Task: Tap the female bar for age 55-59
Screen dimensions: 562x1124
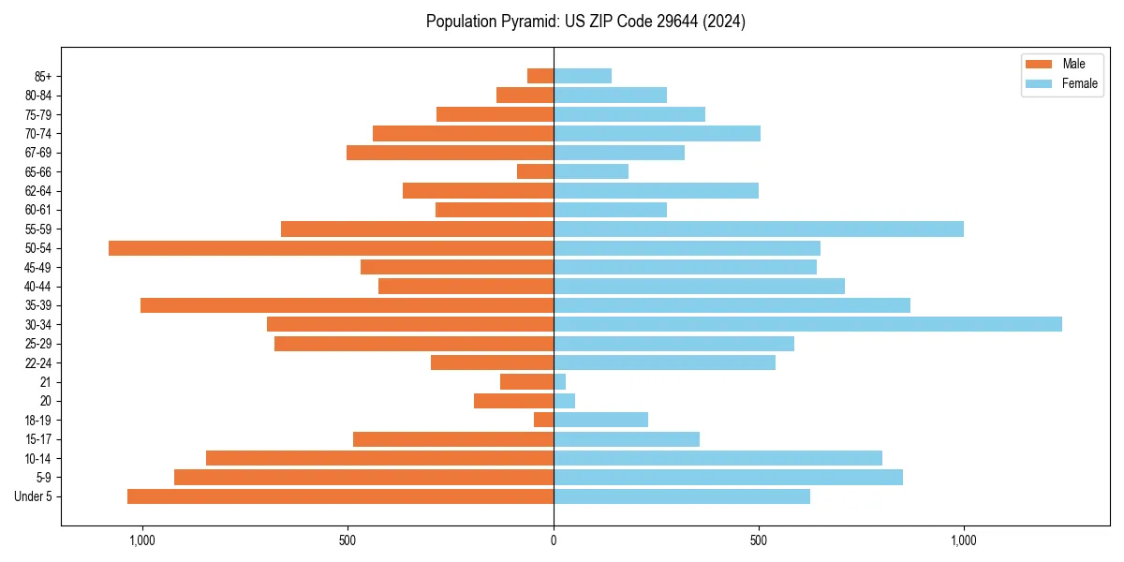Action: click(759, 229)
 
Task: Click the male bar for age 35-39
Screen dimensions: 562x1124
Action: click(347, 305)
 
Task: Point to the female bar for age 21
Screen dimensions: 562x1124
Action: click(560, 381)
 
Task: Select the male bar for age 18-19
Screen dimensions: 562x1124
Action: click(544, 420)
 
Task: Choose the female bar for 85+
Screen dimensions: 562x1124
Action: click(583, 76)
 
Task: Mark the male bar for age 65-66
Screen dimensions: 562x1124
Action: click(536, 171)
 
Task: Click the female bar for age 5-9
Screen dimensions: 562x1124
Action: click(728, 477)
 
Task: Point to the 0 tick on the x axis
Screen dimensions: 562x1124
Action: click(554, 540)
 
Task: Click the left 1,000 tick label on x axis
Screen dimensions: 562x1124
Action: click(142, 540)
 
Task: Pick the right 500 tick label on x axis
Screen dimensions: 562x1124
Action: click(759, 540)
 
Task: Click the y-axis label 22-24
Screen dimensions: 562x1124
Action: click(38, 362)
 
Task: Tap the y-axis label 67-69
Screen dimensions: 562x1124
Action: click(38, 153)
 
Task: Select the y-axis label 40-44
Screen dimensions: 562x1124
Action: click(38, 287)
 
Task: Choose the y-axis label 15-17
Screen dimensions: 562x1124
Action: click(38, 439)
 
